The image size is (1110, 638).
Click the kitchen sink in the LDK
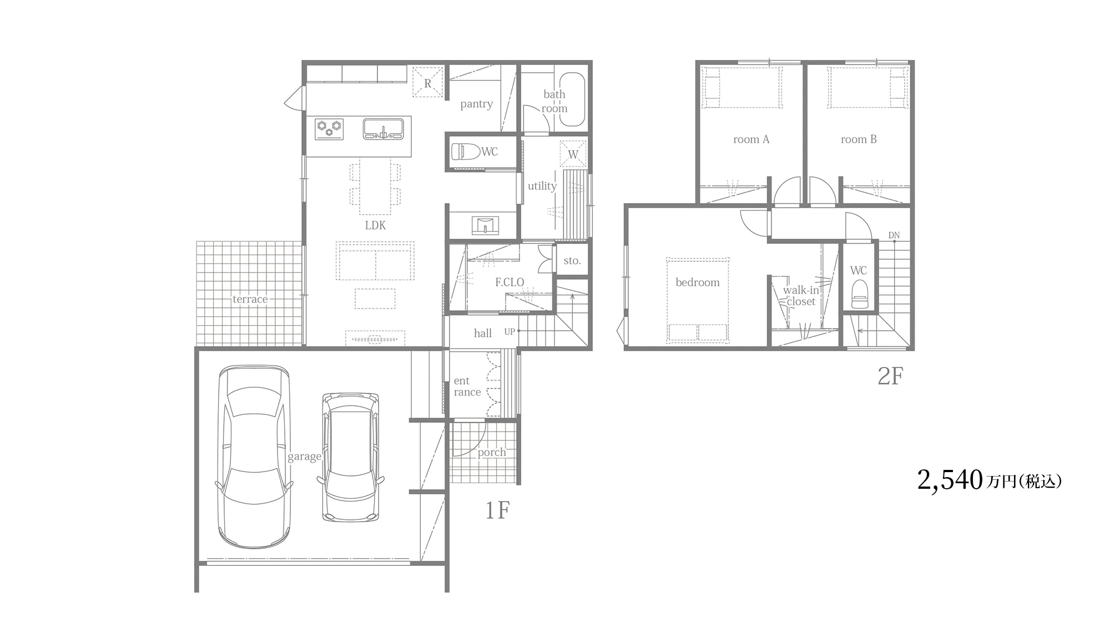[x=383, y=129]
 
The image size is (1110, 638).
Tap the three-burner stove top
[x=329, y=129]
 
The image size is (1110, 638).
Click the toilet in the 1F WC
[x=465, y=151]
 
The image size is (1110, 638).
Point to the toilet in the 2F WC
[x=859, y=294]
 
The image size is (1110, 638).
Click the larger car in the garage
[x=254, y=456]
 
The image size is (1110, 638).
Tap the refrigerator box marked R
[x=428, y=82]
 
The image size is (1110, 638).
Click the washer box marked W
[x=573, y=154]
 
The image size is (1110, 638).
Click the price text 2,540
[x=950, y=480]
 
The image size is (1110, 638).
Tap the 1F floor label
[x=497, y=510]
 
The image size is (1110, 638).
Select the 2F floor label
[x=890, y=377]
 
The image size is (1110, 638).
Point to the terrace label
[x=250, y=299]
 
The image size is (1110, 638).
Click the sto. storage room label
[x=572, y=260]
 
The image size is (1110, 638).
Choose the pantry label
[x=477, y=104]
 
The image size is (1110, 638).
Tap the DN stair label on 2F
[x=894, y=235]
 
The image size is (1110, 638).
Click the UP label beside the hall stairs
[x=509, y=332]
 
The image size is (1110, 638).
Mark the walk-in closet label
[x=801, y=296]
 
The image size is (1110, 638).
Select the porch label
[x=492, y=453]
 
